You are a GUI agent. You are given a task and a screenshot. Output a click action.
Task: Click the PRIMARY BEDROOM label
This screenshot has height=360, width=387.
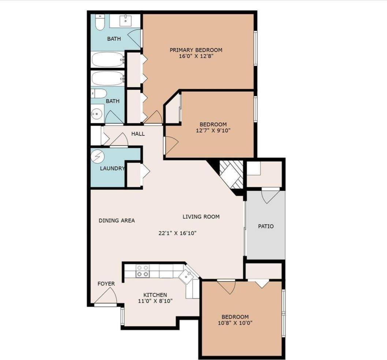click(196, 50)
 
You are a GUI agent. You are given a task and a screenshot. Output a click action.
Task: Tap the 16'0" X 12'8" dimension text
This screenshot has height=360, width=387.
click(196, 57)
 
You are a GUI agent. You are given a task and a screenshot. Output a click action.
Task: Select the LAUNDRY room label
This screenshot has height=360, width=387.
click(112, 168)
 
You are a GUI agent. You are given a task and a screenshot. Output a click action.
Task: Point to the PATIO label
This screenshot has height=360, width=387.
click(266, 226)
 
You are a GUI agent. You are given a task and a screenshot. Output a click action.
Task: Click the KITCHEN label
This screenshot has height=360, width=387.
click(155, 295)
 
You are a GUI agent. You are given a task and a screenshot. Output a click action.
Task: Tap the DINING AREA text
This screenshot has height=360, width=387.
click(117, 220)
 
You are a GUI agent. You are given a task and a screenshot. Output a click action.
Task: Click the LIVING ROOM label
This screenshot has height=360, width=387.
click(201, 217)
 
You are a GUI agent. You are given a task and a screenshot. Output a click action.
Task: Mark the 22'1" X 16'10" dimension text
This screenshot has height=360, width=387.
click(178, 233)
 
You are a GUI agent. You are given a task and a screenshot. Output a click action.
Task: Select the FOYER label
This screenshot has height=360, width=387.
click(106, 284)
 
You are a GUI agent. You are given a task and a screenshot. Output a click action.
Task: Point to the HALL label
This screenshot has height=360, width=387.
click(138, 134)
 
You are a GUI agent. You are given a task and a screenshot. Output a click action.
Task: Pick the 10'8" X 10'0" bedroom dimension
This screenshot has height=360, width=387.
click(235, 323)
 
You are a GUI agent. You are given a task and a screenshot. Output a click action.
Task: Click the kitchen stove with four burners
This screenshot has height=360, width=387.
click(142, 271)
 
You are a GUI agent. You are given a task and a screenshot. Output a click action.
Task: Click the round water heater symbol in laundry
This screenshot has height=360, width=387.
click(98, 157)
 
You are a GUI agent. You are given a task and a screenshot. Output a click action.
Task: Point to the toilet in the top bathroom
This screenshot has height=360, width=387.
click(99, 23)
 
